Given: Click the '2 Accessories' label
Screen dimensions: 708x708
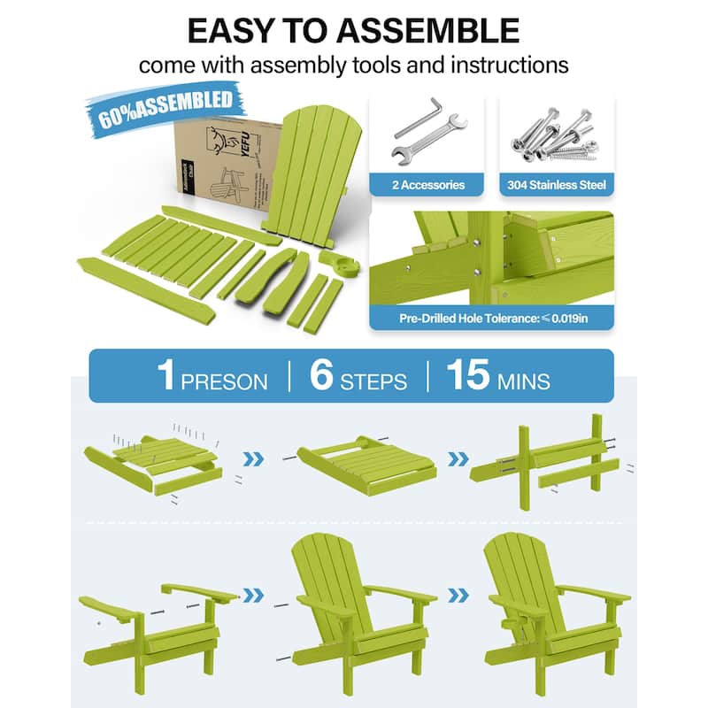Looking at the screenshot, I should pos(428,185).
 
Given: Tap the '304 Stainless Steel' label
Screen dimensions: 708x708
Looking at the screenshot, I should pos(556,185).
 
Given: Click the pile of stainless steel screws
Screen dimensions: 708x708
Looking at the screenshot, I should pos(556,133).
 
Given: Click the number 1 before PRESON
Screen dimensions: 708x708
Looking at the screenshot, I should pos(165,374).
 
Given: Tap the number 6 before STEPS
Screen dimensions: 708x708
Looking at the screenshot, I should pos(321,374).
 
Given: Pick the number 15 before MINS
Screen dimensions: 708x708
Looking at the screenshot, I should pos(467,374).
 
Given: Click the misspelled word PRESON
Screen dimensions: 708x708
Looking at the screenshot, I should pos(224,381).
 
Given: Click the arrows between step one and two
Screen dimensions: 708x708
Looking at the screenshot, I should pos(252,459).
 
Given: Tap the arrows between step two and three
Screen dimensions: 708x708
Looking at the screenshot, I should pos(458,459).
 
